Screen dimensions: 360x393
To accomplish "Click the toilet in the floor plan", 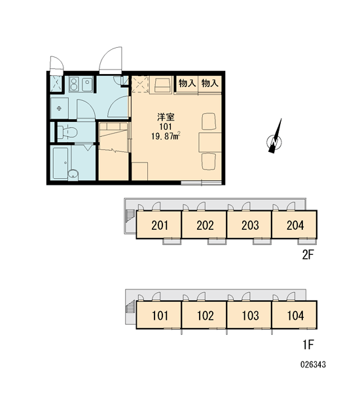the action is pos(67,132).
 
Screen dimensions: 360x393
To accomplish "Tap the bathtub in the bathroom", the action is pos(60,163).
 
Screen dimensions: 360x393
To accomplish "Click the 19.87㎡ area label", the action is pos(166,136).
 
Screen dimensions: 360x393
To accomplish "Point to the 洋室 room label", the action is pos(166,117).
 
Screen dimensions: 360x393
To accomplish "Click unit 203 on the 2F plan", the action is pos(250,225).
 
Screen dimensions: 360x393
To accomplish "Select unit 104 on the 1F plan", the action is pos(295,315).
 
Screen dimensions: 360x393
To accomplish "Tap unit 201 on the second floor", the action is pos(160,225).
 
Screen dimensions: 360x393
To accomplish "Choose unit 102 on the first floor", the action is pos(205,315).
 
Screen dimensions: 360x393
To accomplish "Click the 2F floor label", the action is pos(308,255).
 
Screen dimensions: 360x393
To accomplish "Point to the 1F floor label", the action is pos(308,345).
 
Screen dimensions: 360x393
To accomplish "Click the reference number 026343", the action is pos(313,364).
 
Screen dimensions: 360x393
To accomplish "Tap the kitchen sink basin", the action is pos(87,84).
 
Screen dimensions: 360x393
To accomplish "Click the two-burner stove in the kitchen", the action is pos(74,84).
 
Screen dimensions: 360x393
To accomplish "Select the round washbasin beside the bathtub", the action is pos(73,174).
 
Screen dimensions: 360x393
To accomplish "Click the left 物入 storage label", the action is pos(187,83).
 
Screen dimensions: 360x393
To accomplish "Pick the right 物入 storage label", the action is pos(210,83).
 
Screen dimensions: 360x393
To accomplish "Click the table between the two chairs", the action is pos(210,142).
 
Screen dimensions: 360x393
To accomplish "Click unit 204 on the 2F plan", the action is pos(295,225).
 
